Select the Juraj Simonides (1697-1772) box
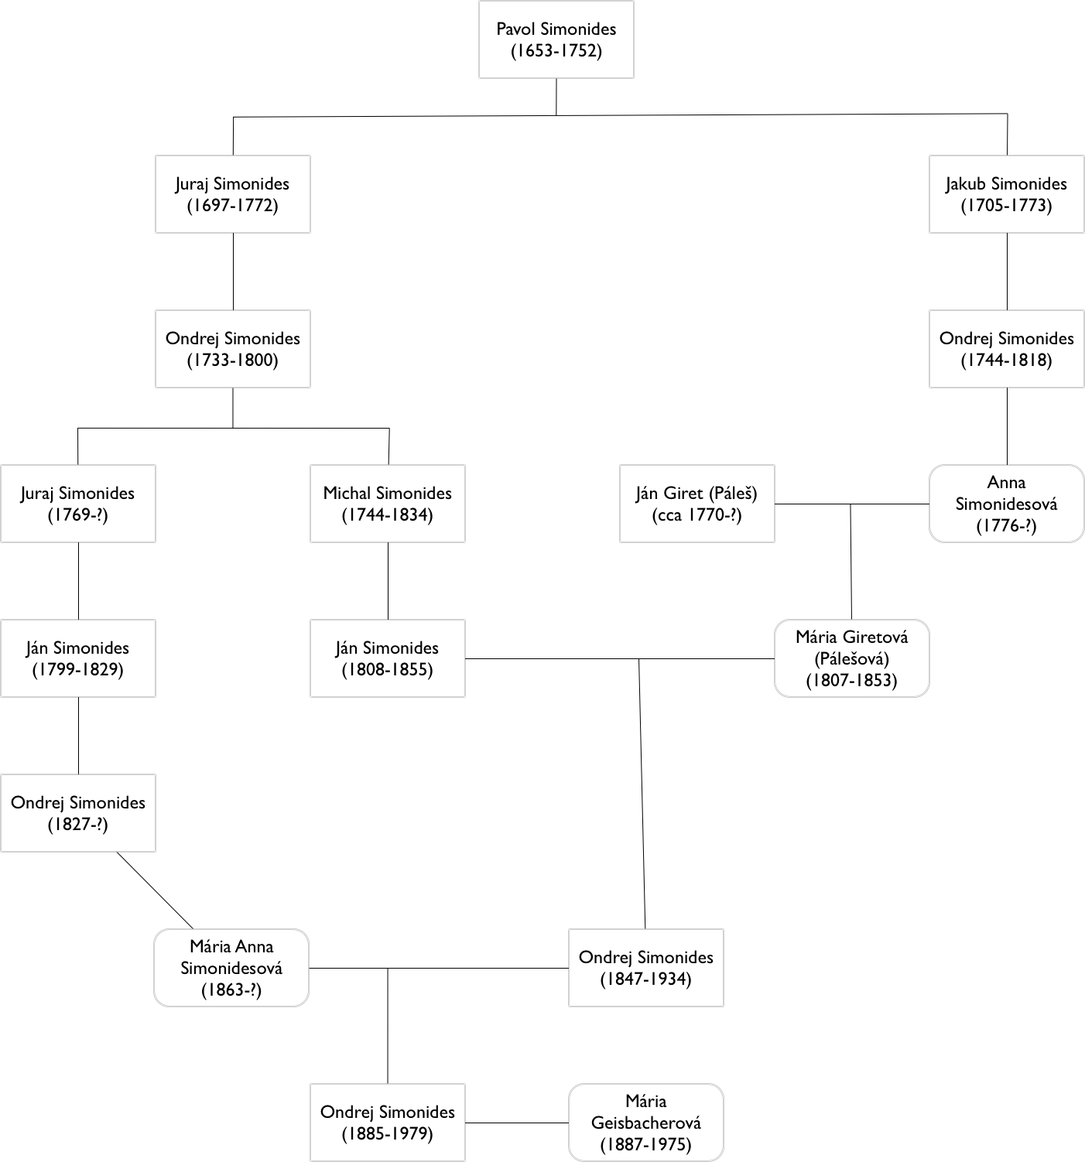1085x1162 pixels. [x=232, y=194]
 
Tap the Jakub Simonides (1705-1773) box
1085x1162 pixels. [x=1006, y=194]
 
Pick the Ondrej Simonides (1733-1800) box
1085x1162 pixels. [x=232, y=349]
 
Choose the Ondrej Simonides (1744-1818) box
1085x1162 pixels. [x=1006, y=349]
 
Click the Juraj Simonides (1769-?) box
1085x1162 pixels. [x=77, y=504]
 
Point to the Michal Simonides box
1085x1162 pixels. [x=387, y=504]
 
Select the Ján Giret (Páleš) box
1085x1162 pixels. [x=697, y=504]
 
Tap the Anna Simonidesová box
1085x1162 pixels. [x=1006, y=504]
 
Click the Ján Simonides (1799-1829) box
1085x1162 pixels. [x=77, y=658]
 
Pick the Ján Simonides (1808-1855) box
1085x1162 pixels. [x=387, y=658]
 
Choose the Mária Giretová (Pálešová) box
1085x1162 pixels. [x=851, y=658]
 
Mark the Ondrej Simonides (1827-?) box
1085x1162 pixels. [x=77, y=813]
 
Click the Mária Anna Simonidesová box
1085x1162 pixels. [x=231, y=968]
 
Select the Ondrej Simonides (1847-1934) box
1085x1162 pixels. [x=645, y=968]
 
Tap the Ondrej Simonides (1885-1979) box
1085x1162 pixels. [x=387, y=1123]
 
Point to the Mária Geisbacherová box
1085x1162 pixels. [x=645, y=1123]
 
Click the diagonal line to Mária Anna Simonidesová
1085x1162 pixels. [x=155, y=890]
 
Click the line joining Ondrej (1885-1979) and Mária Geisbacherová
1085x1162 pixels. [x=517, y=1123]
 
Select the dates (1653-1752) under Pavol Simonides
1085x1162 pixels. [x=556, y=52]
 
